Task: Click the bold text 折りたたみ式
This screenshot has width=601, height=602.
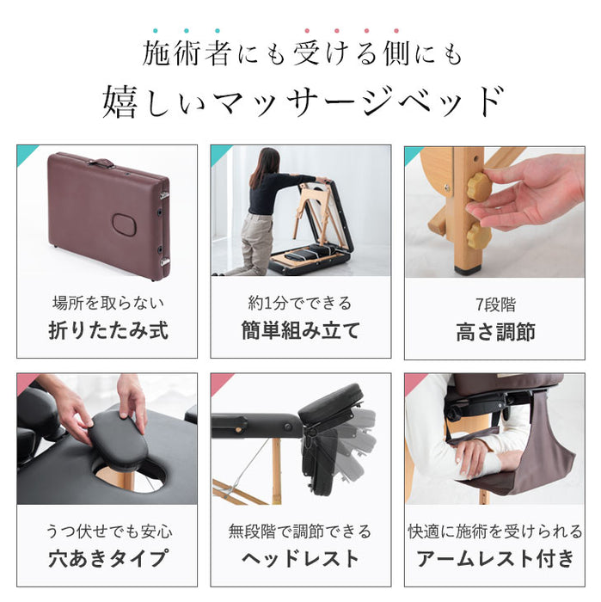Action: [x=107, y=330]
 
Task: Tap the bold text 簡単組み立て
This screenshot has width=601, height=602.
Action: [x=300, y=330]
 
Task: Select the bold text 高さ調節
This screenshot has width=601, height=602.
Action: [x=494, y=330]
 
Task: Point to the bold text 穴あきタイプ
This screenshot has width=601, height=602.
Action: [x=107, y=558]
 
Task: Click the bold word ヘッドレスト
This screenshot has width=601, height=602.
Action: [x=300, y=558]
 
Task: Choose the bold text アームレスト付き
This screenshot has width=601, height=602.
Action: [x=494, y=558]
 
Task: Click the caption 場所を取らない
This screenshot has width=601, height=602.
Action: [x=107, y=303]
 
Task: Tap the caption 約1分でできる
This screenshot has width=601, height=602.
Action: [x=300, y=303]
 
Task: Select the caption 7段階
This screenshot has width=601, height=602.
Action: [x=494, y=303]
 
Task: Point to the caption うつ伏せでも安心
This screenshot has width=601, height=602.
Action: [x=107, y=531]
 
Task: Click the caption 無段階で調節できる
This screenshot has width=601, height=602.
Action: [x=300, y=531]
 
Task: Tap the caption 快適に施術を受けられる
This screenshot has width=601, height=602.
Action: [x=494, y=531]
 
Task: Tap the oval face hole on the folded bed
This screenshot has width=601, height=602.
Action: [x=126, y=224]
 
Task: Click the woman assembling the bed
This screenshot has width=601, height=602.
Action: [x=263, y=206]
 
